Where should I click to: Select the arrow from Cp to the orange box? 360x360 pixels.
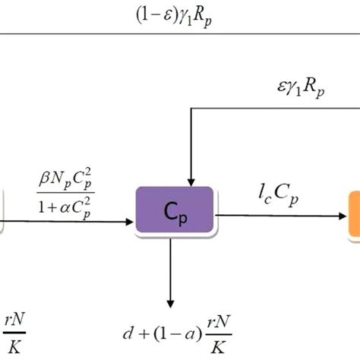[x=281, y=216]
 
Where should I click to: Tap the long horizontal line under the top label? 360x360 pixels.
[x=180, y=33]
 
